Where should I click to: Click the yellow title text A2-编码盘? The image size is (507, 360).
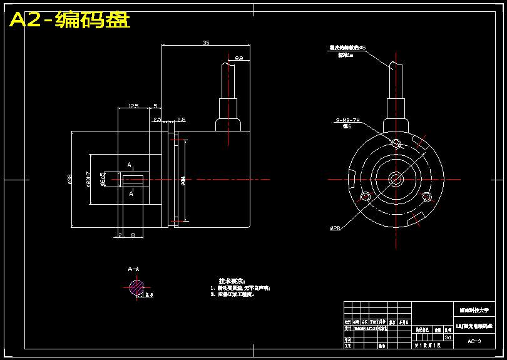click(69, 20)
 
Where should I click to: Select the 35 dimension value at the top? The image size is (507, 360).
click(206, 43)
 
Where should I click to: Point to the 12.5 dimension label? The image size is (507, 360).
click(133, 106)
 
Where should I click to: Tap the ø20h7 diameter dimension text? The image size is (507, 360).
click(88, 179)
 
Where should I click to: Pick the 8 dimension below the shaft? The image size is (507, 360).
click(133, 235)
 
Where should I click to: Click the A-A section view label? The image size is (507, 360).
click(134, 269)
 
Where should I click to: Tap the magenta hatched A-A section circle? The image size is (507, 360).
click(136, 288)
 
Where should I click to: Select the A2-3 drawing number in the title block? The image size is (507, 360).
click(474, 341)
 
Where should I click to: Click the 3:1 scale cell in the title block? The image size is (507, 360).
click(448, 337)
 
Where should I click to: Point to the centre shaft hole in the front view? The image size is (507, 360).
click(396, 179)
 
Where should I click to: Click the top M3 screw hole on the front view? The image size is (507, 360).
click(396, 143)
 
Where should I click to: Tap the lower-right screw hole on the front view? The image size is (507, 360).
click(427, 197)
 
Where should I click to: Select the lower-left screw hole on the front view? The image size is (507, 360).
click(365, 197)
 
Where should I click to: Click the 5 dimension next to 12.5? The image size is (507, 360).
click(155, 106)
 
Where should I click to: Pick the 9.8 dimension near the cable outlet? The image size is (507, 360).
click(238, 58)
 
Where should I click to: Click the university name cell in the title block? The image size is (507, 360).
click(474, 310)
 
